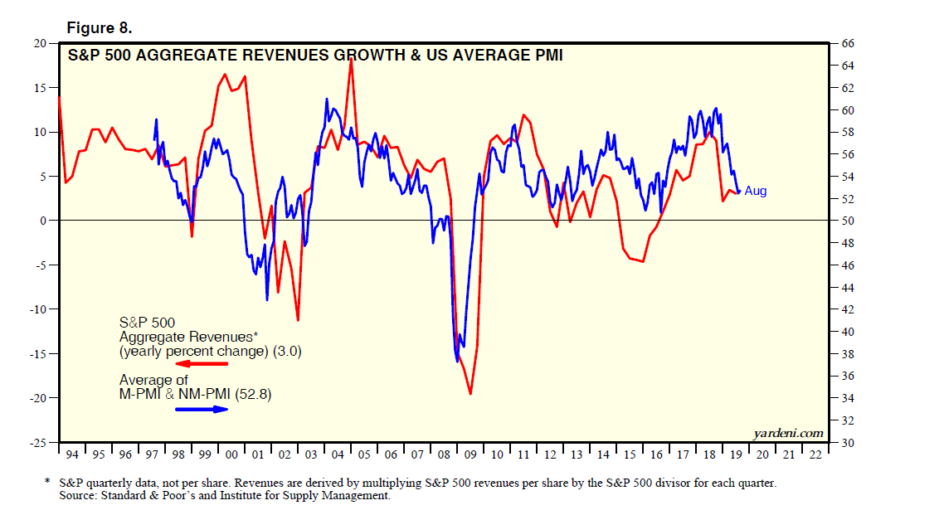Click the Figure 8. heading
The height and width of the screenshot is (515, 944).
tap(99, 28)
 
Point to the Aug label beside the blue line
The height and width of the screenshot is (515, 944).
tap(755, 191)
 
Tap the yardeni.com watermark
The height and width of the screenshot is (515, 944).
tap(788, 432)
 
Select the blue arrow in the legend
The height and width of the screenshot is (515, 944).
tap(200, 410)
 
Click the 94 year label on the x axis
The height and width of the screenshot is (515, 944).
tap(72, 454)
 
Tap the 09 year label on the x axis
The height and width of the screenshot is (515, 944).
tap(470, 454)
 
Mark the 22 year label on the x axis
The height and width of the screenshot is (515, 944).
tap(815, 454)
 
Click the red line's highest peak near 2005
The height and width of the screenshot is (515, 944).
tap(351, 59)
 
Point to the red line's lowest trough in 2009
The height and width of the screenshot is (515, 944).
tap(470, 394)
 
